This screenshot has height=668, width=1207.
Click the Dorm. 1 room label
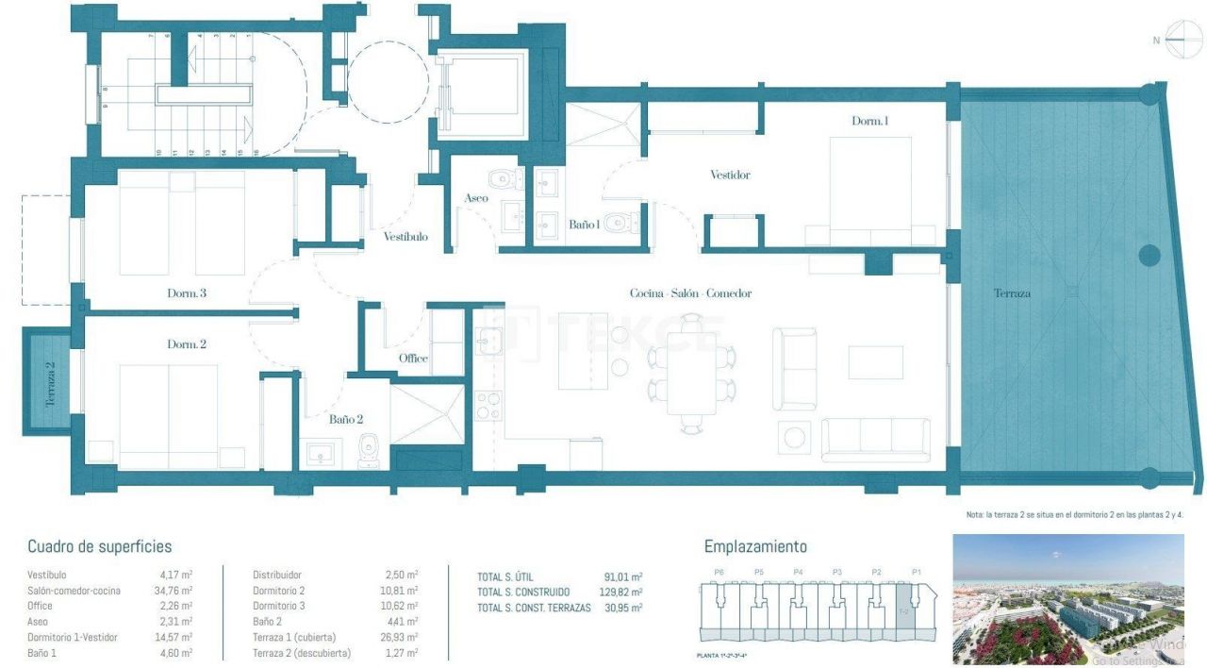coord(869,121)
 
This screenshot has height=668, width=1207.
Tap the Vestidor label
coord(730,175)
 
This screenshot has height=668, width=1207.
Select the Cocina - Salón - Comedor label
coord(690,293)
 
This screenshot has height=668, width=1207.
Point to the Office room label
coord(413,359)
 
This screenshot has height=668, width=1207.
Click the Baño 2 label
coord(346,419)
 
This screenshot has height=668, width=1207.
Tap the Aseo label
coord(476,198)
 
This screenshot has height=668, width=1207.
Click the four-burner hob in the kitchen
coord(488,406)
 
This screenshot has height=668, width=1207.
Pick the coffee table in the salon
coord(875,362)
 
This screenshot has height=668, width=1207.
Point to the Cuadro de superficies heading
coord(99,546)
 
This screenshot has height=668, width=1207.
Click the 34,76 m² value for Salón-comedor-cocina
coord(175,591)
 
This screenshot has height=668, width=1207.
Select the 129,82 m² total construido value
coord(622,592)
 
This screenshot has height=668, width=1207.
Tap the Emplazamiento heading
coord(755,546)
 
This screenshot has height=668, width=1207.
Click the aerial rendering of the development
coord(1067,600)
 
